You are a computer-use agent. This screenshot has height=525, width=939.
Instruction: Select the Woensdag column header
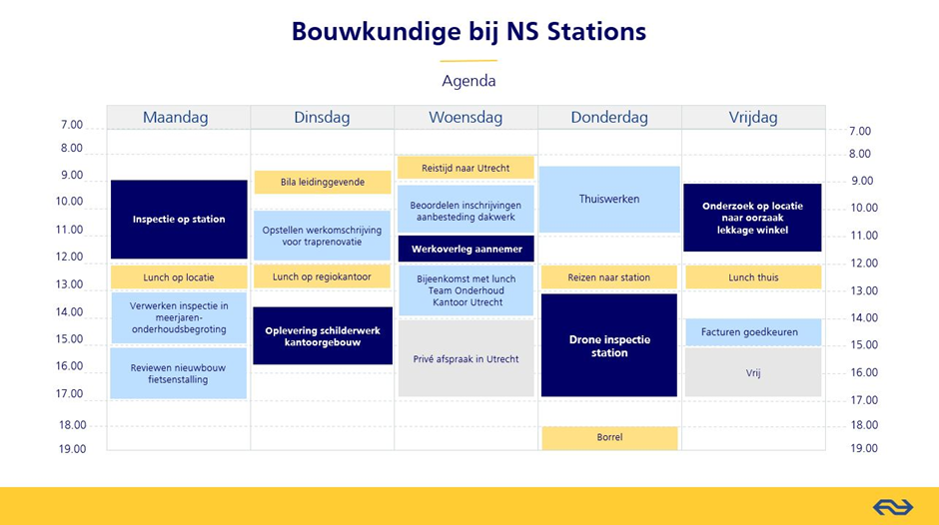pyautogui.click(x=466, y=118)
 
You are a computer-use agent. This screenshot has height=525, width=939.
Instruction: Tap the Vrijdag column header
pyautogui.click(x=753, y=118)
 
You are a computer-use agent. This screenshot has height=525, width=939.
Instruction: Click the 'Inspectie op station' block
pyautogui.click(x=179, y=220)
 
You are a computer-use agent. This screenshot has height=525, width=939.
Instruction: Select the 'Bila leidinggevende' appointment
pyautogui.click(x=323, y=182)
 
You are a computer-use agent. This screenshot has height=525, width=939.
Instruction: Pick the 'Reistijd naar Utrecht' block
pyautogui.click(x=466, y=168)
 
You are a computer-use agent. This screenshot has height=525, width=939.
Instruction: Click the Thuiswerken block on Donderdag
pyautogui.click(x=609, y=200)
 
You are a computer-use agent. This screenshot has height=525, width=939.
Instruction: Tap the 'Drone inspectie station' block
pyautogui.click(x=609, y=345)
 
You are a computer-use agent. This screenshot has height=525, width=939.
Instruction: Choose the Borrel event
pyautogui.click(x=609, y=437)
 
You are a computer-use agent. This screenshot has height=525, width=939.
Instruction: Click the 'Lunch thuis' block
pyautogui.click(x=753, y=277)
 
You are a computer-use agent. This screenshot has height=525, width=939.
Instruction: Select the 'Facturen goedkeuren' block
pyautogui.click(x=753, y=332)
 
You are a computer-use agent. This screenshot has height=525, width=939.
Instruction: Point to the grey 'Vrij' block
pyautogui.click(x=753, y=372)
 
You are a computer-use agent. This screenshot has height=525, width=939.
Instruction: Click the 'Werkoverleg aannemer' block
pyautogui.click(x=467, y=250)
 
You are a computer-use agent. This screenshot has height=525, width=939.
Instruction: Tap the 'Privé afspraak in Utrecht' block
pyautogui.click(x=466, y=358)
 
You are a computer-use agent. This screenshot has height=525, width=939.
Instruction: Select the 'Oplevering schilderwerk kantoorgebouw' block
pyautogui.click(x=323, y=335)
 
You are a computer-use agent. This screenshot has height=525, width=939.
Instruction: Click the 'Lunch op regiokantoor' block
pyautogui.click(x=323, y=277)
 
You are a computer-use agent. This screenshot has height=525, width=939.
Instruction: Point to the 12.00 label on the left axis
pyautogui.click(x=70, y=257)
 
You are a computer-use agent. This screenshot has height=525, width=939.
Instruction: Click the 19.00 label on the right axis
pyautogui.click(x=863, y=448)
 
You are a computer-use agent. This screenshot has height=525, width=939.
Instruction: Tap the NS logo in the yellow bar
pyautogui.click(x=893, y=508)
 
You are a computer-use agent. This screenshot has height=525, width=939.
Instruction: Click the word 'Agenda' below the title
pyautogui.click(x=469, y=81)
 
